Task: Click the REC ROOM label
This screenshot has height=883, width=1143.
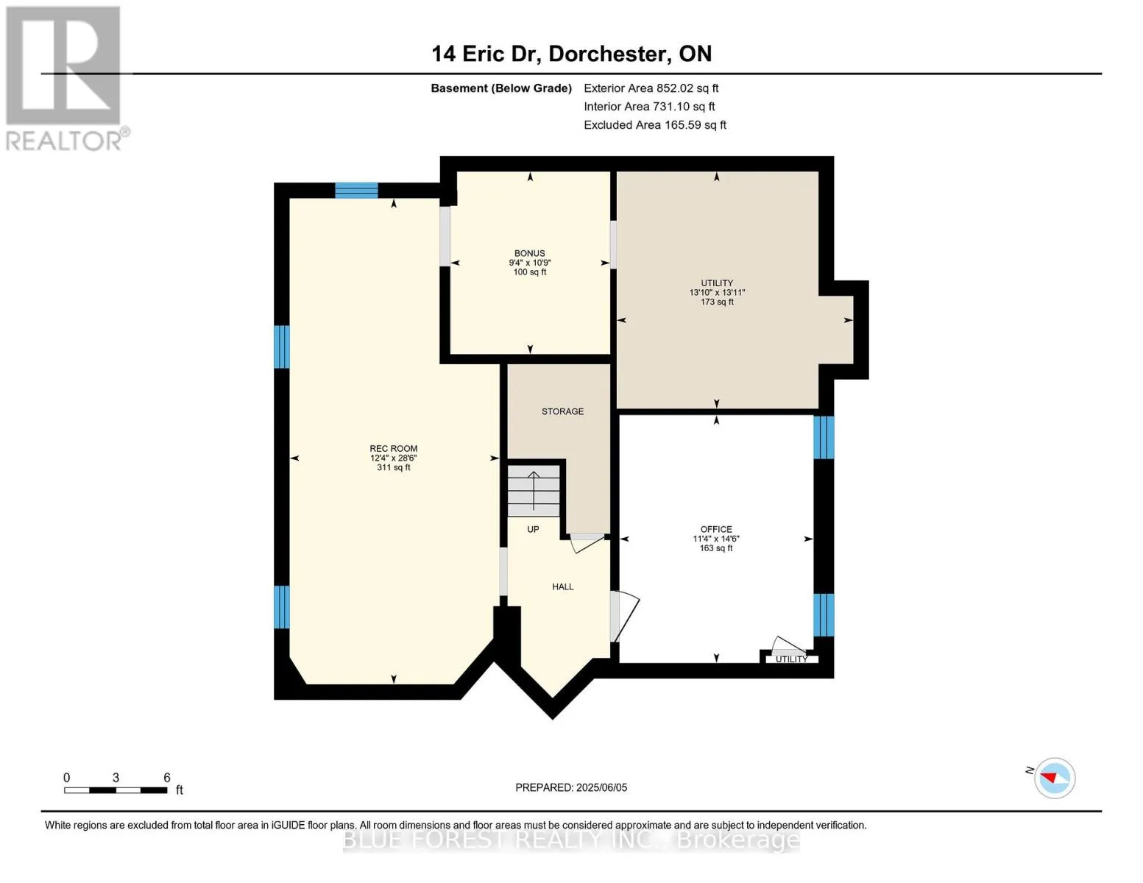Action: coord(394,449)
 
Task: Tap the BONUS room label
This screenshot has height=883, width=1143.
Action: coord(530,253)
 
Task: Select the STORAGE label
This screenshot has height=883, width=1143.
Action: coord(562,411)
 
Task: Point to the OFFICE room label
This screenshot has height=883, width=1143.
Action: coord(716,529)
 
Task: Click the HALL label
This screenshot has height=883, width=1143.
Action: coord(562,587)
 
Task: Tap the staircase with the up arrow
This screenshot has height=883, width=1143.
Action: coord(534,491)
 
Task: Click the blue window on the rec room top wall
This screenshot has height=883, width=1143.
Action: coord(357,190)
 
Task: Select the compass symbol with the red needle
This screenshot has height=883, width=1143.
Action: coord(1054,779)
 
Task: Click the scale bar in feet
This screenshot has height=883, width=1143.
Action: coord(116,790)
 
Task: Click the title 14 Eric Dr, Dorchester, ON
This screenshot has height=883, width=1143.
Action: coord(571,54)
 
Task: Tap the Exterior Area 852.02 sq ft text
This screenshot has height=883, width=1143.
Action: coord(651,88)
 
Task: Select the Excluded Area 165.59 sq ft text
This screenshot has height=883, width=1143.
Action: coord(655,125)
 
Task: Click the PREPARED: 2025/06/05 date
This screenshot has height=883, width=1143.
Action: coord(571,787)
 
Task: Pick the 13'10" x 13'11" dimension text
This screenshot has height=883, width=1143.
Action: coord(717,292)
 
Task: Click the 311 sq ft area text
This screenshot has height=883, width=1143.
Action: coord(394,467)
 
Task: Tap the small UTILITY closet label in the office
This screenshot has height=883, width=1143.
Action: coord(791,659)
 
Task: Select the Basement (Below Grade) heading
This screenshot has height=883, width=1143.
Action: coord(501,88)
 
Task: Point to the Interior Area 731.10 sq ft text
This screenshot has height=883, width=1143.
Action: coord(649,107)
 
